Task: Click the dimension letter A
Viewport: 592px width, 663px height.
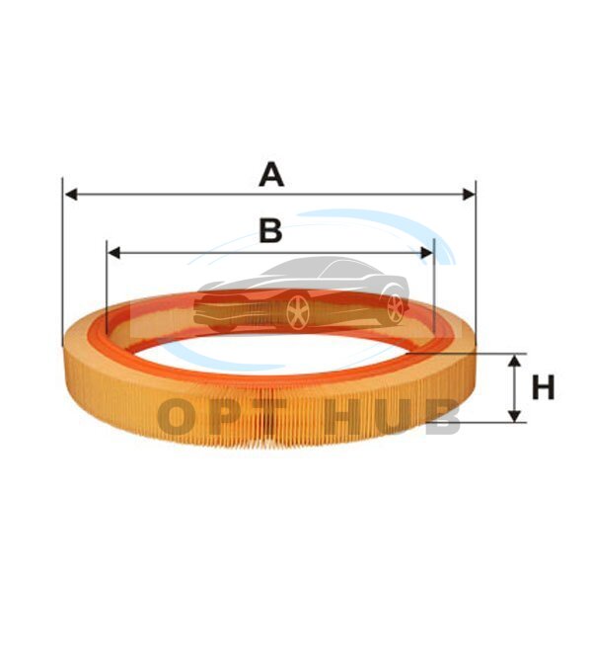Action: (x=270, y=176)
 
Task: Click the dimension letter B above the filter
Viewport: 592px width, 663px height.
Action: (x=270, y=231)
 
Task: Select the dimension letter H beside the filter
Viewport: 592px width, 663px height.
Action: (x=544, y=387)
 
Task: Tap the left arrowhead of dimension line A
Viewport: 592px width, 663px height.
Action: (x=70, y=195)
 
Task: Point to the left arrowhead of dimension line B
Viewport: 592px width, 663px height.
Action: (x=113, y=253)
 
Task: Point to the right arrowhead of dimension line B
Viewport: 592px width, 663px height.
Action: (x=427, y=253)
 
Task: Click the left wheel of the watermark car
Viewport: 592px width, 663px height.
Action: (x=297, y=311)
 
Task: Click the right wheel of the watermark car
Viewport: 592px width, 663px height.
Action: (x=395, y=308)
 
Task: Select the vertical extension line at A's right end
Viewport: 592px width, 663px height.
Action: (x=475, y=267)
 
